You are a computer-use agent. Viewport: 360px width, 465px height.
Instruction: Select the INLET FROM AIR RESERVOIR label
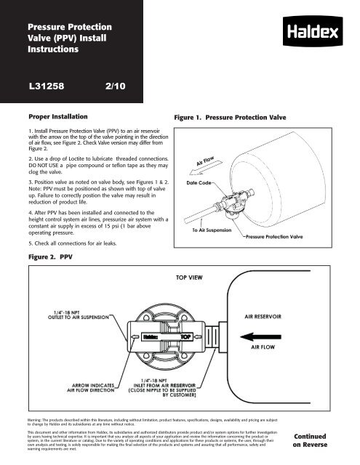(181, 387)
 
